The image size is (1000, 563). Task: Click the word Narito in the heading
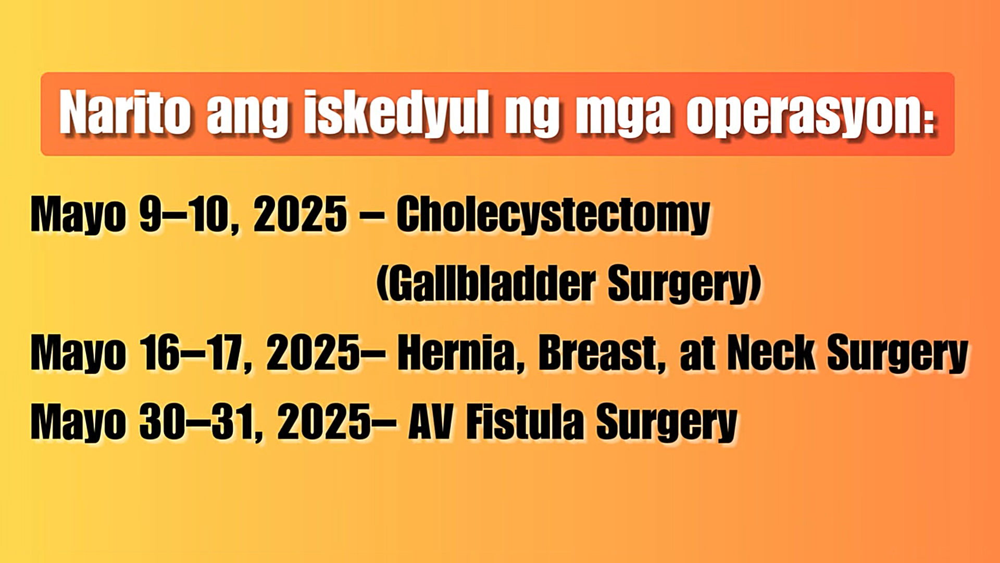coord(124,113)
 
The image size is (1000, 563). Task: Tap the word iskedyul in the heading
coord(397,113)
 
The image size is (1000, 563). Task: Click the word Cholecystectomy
coord(553,215)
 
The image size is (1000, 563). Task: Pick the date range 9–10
coord(183,214)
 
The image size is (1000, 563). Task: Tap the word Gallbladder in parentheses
coord(492,284)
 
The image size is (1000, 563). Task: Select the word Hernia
coord(456,353)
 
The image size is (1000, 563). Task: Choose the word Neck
coord(771,353)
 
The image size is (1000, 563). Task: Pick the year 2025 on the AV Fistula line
coord(324,422)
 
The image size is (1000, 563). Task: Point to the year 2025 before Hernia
coord(313,353)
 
